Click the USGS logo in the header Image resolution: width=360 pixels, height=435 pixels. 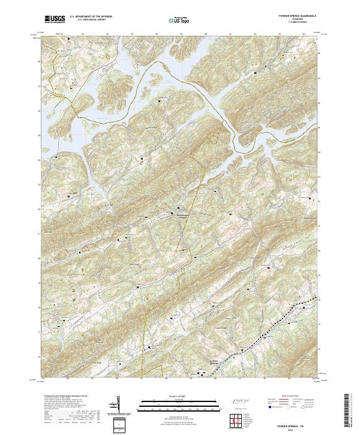[x=55, y=19]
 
